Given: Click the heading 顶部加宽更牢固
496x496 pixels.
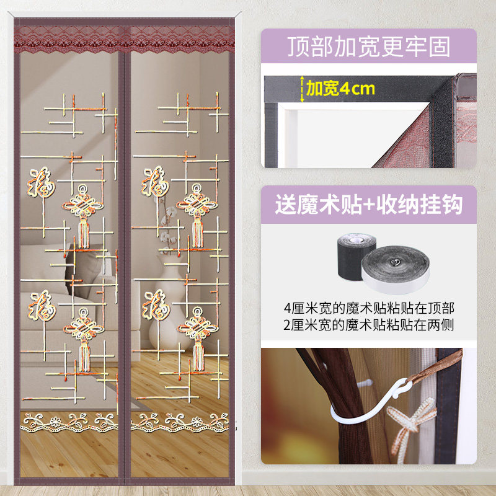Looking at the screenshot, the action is pos(368,46).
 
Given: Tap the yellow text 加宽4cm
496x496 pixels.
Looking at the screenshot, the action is pos(340,88).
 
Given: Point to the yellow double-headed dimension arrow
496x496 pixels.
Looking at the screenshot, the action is pos(302,89).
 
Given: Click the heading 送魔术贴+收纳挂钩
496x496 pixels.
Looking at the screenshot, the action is pos(368,205).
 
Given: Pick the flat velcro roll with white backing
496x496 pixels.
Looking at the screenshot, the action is pos(396,270).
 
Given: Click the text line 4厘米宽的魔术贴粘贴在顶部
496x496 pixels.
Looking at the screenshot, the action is pos(369,308).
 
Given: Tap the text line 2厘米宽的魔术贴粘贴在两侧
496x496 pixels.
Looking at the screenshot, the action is pos(369,325).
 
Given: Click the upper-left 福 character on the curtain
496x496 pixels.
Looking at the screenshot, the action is pos(41,182).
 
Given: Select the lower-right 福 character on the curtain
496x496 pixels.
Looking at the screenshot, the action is pos(156,304).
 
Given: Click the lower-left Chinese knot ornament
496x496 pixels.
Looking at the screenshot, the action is pos(84,339).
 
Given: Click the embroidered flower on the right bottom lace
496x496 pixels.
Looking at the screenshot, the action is pos(197,422).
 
